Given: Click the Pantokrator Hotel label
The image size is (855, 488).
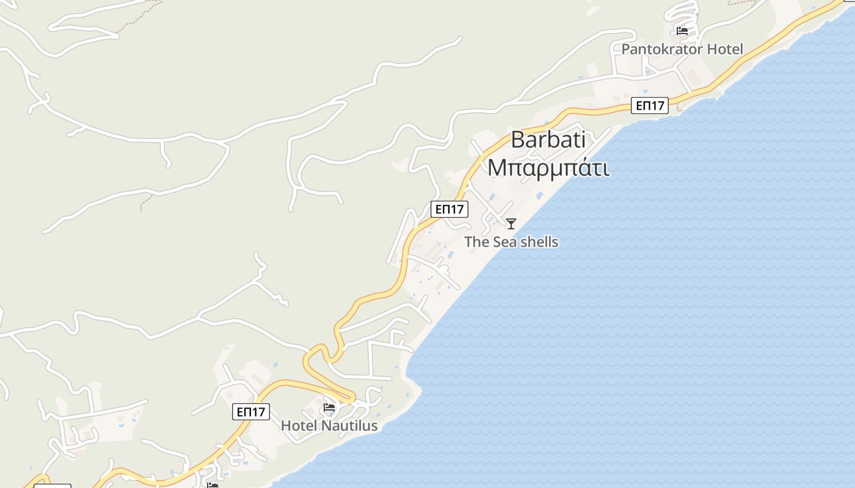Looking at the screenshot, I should (x=682, y=49).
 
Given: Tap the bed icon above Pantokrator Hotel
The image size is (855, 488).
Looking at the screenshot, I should (x=682, y=31).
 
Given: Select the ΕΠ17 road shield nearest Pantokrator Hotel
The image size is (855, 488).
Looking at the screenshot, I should (x=650, y=106).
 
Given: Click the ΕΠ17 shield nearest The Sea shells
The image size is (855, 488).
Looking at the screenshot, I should (x=449, y=209).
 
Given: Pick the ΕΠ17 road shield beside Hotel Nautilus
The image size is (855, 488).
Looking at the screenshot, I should (x=251, y=412).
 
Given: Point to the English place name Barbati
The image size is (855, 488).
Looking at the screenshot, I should (x=548, y=140).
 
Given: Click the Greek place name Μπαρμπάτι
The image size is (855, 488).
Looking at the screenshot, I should (x=548, y=167).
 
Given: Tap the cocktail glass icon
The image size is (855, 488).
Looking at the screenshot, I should (x=511, y=224).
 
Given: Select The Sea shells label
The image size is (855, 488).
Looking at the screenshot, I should (x=511, y=242).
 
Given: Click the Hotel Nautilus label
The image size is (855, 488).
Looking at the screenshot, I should (x=329, y=426).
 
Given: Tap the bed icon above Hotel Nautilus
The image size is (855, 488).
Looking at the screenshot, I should (x=330, y=407).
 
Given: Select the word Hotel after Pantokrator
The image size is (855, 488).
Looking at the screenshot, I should (x=725, y=49).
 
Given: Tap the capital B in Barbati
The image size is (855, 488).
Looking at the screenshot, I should (x=518, y=140).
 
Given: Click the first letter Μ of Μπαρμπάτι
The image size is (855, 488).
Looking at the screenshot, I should (x=497, y=167).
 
